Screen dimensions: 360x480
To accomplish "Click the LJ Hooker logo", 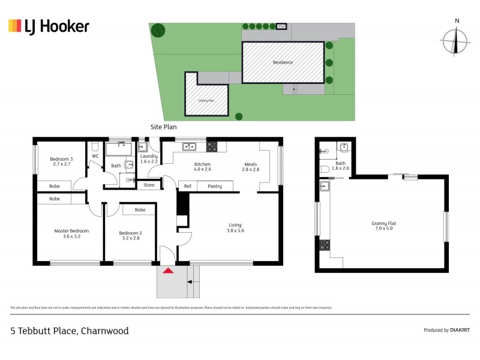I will pos(49,26).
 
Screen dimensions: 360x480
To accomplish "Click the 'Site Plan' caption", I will pos(163,127).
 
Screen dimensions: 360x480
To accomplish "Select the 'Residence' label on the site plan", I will pos(283,62).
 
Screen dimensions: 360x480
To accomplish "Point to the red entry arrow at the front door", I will pos(169,271).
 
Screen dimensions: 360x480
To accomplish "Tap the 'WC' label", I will pos(95,157).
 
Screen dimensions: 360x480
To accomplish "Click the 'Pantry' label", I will pos(215,187).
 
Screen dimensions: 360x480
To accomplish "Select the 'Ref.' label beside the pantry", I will pos(188,187).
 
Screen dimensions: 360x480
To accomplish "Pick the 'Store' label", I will pos(149,185).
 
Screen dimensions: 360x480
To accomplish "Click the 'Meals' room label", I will pos(251,167).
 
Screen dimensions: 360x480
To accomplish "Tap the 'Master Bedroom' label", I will pos(71,233).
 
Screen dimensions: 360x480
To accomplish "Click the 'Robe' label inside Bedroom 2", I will pos(140,210).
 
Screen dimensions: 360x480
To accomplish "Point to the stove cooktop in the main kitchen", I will pos(212,146).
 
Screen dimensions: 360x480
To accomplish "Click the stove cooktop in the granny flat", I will pos(325,244).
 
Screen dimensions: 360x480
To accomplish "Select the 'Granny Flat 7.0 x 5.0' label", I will pos(384,226).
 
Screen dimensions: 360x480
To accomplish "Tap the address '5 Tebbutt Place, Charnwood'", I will pos(70,331).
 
